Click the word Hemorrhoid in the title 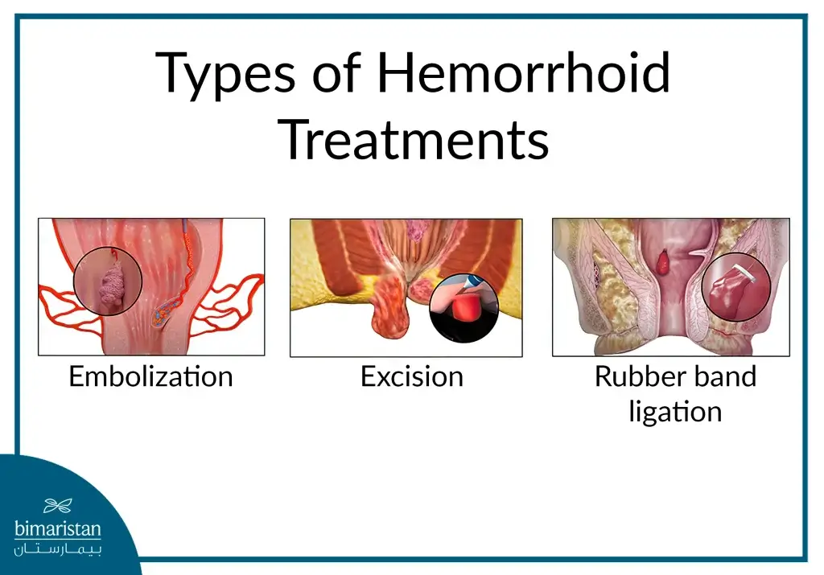click(x=524, y=72)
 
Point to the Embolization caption click(x=150, y=376)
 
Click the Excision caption click(x=412, y=376)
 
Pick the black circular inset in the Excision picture click(x=464, y=308)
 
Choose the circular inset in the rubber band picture click(x=735, y=287)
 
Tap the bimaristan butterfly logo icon click(x=58, y=506)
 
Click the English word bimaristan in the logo click(x=58, y=528)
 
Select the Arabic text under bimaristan click(x=58, y=549)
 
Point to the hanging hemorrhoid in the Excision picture click(x=390, y=307)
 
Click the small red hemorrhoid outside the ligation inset click(x=664, y=262)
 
